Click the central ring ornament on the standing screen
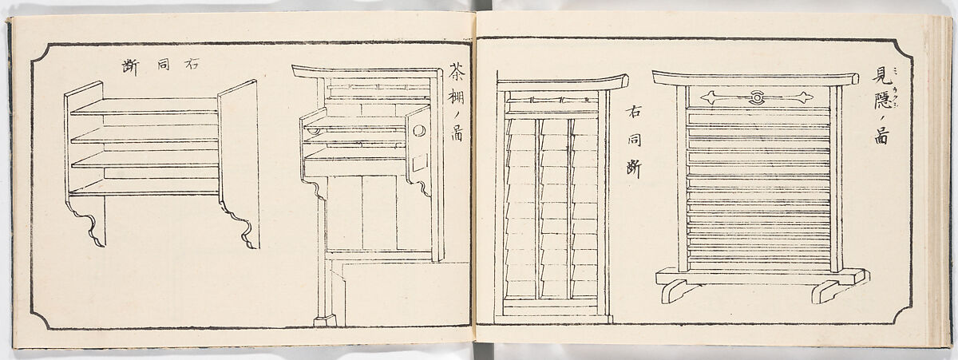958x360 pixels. point(755,98)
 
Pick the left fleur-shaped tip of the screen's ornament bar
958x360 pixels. point(707,98)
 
